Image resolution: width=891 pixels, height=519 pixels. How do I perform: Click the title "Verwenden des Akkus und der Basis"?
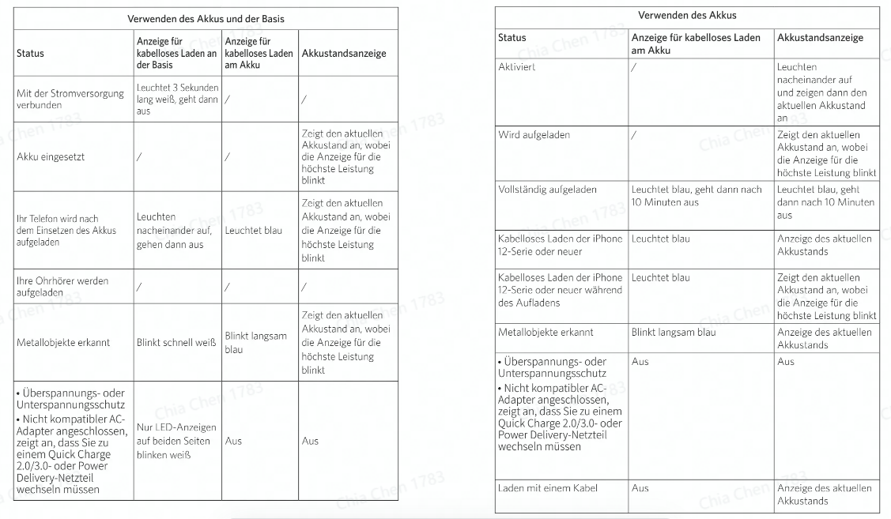pyautogui.click(x=206, y=18)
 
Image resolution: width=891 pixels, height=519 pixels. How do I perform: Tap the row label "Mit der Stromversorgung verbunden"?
pyautogui.click(x=70, y=99)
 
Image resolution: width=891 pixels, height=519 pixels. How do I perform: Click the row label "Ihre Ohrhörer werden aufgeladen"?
pyautogui.click(x=62, y=286)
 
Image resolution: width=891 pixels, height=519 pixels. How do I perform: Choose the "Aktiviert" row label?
pyautogui.click(x=517, y=67)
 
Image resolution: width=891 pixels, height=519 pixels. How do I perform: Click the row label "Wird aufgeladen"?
pyautogui.click(x=534, y=135)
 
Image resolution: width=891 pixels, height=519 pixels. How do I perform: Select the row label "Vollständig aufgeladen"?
pyautogui.click(x=547, y=190)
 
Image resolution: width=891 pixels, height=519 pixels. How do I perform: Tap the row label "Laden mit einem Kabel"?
pyautogui.click(x=545, y=488)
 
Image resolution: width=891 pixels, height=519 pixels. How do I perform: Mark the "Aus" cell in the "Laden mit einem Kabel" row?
pyautogui.click(x=640, y=488)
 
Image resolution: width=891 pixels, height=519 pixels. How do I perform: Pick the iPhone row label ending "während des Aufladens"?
pyautogui.click(x=560, y=290)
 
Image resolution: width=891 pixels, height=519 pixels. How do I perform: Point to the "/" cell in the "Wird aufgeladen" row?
pyautogui.click(x=634, y=135)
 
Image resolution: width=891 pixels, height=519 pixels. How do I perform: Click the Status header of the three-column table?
pyautogui.click(x=512, y=38)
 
